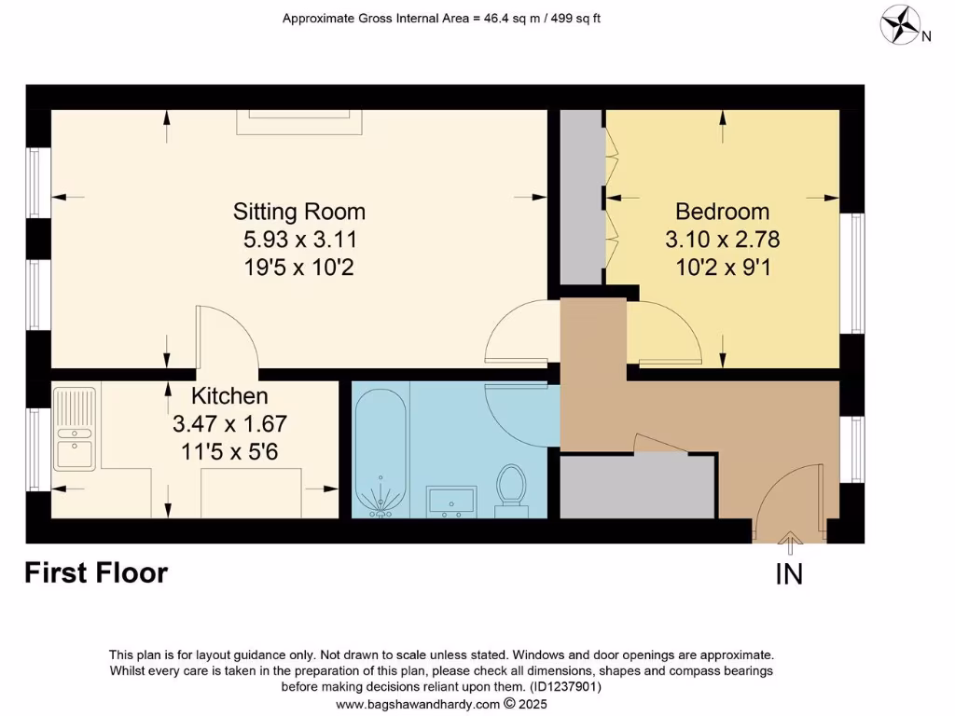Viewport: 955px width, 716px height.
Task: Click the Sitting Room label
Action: (298, 211)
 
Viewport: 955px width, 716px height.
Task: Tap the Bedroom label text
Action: (722, 211)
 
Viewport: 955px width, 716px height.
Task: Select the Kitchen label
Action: (229, 396)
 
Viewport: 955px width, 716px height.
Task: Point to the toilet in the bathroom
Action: (510, 486)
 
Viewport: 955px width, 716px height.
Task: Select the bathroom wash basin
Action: (451, 501)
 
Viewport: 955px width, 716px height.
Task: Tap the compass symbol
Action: (900, 24)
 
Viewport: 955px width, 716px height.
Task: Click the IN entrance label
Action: (789, 575)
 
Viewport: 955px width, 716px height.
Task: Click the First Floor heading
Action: (96, 572)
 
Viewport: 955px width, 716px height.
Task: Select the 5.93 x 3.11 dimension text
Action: (298, 240)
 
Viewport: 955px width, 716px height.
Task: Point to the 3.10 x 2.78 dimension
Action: (722, 240)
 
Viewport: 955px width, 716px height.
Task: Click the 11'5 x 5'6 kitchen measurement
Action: (229, 453)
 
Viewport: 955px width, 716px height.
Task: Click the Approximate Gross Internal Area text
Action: (441, 18)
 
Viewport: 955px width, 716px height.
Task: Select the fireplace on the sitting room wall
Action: (298, 122)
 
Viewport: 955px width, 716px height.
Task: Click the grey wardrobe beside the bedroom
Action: (581, 197)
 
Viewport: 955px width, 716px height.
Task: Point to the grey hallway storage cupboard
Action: (638, 485)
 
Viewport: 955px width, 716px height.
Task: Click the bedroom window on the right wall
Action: (851, 273)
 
